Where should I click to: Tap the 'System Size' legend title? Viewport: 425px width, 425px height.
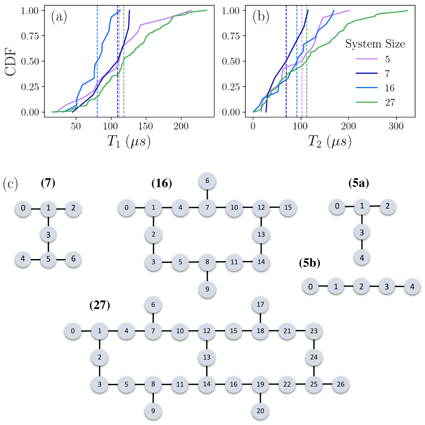point(375,44)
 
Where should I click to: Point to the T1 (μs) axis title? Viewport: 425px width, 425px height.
point(129,141)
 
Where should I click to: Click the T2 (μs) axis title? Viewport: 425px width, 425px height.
point(329,141)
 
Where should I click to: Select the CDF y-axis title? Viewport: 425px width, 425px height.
point(11,61)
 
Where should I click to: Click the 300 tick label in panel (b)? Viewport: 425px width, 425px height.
point(396,126)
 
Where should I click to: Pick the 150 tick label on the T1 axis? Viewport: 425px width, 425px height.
point(146,126)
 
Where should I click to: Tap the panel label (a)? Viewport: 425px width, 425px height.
point(59,17)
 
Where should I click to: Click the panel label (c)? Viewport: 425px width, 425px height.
point(10,184)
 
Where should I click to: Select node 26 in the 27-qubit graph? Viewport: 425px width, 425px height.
point(340,384)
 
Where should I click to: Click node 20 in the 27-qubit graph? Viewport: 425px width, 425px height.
point(260,411)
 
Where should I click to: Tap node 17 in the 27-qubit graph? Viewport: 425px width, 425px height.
point(260,305)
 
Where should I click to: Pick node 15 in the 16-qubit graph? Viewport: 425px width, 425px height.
point(288,208)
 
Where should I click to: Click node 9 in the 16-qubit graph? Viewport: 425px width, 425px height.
point(207,289)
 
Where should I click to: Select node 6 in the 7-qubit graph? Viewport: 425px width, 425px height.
point(73,259)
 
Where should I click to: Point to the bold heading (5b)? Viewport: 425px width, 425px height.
point(310,263)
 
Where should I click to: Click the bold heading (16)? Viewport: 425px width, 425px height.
point(162,183)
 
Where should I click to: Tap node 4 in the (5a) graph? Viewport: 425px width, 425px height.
point(362,258)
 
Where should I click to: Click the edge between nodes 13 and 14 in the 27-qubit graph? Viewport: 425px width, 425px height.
point(207,371)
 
